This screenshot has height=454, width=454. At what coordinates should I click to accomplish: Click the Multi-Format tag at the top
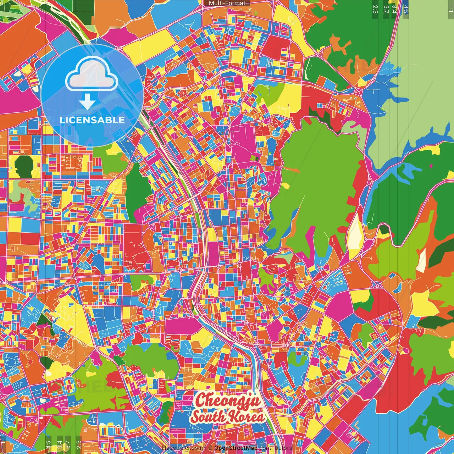[x=227, y=3]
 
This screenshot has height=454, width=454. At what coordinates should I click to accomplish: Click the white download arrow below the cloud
[x=87, y=102]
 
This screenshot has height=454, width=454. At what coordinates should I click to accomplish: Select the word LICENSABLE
[x=92, y=120]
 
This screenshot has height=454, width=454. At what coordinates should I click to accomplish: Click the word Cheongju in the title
[x=228, y=400]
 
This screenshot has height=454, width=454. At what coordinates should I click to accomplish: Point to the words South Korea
[x=228, y=416]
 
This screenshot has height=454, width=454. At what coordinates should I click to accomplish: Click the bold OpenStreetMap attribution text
[x=236, y=448]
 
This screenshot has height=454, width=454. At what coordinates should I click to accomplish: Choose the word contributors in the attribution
[x=276, y=448]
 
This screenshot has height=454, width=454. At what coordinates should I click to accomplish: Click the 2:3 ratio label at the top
[x=375, y=9]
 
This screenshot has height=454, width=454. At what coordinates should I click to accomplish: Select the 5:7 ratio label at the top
[x=386, y=9]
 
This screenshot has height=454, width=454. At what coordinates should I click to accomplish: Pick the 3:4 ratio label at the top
[x=394, y=9]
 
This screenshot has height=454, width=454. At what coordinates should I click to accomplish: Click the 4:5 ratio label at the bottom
[x=48, y=445]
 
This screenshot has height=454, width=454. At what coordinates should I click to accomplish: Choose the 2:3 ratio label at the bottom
[x=79, y=445]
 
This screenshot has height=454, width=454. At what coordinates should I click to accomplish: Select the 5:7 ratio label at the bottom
[x=68, y=445]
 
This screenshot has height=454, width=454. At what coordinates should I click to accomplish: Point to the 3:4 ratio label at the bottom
[x=59, y=445]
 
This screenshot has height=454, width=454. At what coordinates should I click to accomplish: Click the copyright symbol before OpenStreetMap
[x=210, y=448]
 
